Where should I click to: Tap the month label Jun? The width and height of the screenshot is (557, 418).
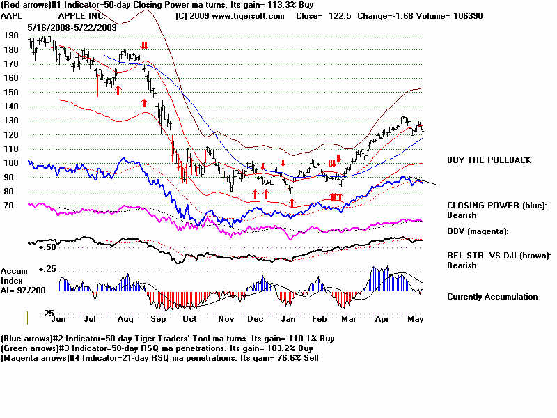[x=60, y=319]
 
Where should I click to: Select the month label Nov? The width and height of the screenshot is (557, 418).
[x=226, y=319]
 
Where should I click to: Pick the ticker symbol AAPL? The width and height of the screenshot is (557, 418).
[x=13, y=15]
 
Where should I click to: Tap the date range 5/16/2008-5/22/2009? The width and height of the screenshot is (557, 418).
[x=68, y=26]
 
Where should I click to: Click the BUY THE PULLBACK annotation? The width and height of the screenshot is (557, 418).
[x=489, y=160]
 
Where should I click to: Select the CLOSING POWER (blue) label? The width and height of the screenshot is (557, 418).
[x=496, y=206]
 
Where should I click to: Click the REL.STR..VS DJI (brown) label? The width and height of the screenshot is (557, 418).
[x=499, y=255]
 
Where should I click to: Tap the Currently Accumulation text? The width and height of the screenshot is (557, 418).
[x=492, y=297]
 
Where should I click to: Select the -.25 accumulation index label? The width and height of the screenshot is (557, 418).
[x=45, y=313]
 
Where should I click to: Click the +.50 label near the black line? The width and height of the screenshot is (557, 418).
[x=47, y=247]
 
